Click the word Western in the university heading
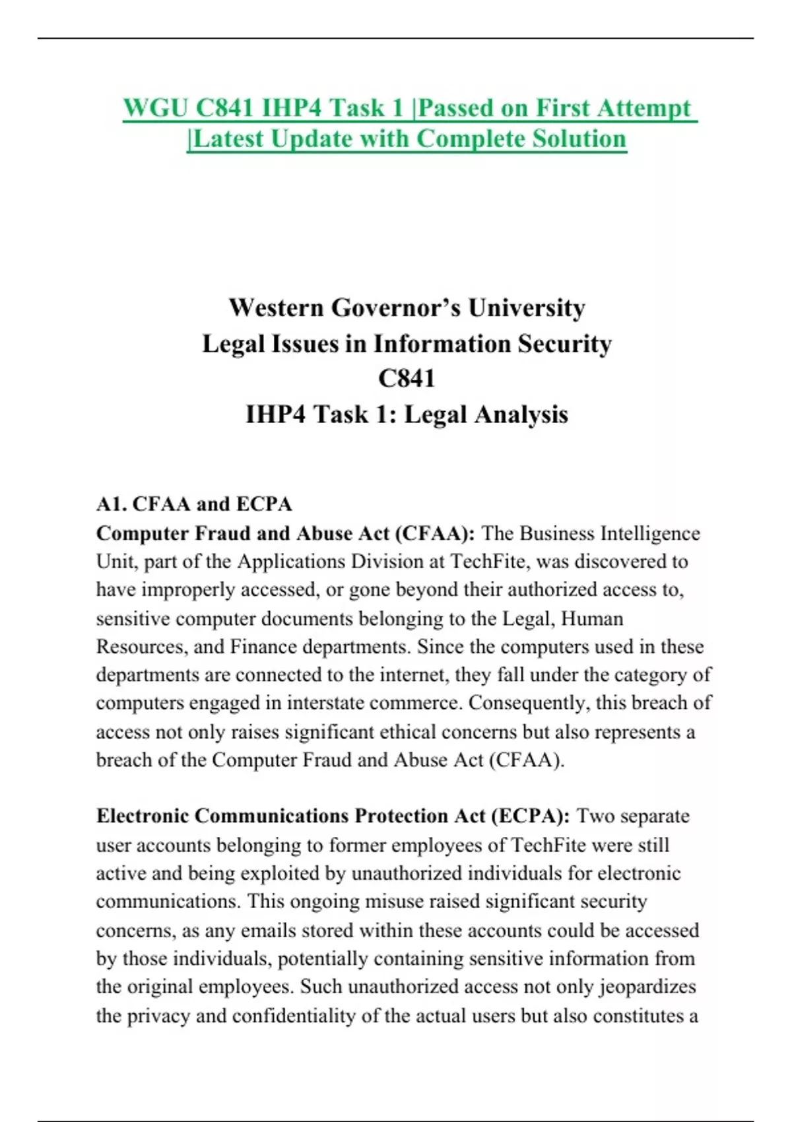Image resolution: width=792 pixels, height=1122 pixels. (276, 308)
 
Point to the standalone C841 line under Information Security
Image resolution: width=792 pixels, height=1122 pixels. (407, 379)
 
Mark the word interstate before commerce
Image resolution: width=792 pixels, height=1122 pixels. (324, 704)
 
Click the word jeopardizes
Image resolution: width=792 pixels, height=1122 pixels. (647, 987)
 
